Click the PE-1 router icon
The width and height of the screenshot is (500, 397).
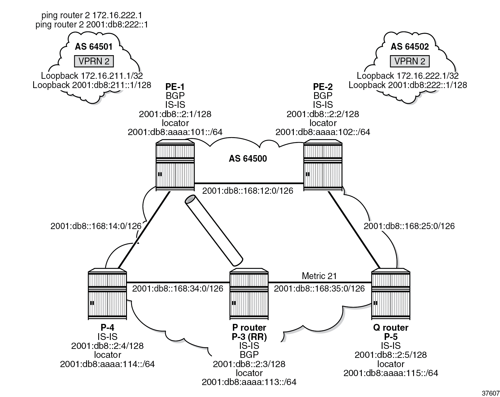175,165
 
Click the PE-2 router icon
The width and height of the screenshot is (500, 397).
323,165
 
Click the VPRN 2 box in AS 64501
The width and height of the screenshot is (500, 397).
94,61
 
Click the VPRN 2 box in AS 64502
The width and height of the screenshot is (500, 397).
410,61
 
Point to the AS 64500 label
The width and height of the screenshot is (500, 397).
248,158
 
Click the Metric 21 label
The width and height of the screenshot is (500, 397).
319,276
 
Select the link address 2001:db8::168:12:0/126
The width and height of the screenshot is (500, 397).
248,191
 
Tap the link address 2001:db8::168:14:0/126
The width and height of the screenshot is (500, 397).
96,226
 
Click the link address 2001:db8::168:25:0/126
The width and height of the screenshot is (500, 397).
409,226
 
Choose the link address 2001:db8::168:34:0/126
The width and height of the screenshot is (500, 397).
178,288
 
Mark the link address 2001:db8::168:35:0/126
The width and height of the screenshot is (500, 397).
319,288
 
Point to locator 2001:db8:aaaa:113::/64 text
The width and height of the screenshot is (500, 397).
249,382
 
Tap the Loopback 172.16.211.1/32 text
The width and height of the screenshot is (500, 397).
92,76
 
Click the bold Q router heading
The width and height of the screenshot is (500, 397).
391,328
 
